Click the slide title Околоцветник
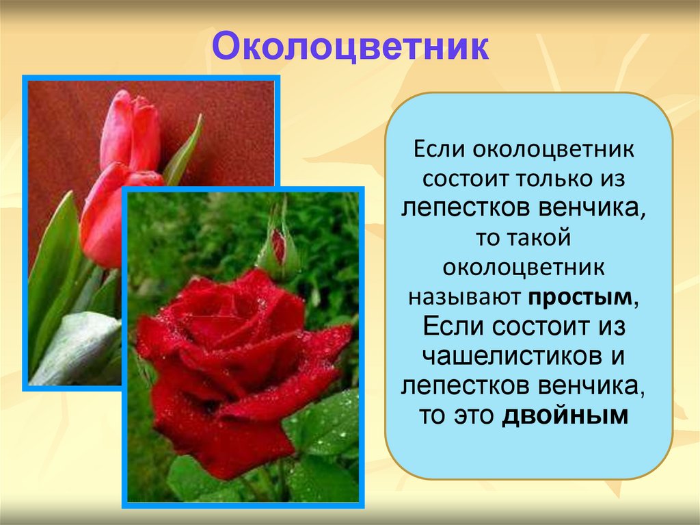(349, 47)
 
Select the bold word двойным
(565, 416)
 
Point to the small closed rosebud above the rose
(279, 246)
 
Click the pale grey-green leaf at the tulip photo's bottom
(75, 346)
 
